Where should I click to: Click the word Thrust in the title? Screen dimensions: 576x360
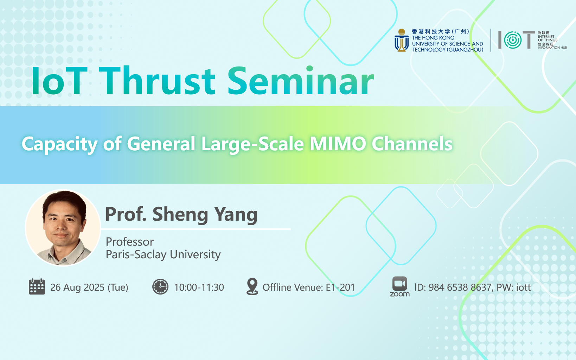tap(159, 81)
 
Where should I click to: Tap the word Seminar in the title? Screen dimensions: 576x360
tap(301, 81)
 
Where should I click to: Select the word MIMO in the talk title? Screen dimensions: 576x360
tap(338, 144)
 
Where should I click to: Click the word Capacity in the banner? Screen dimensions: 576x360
tap(59, 145)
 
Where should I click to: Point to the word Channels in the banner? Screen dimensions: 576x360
tap(412, 144)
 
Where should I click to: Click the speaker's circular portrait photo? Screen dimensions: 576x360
tap(63, 227)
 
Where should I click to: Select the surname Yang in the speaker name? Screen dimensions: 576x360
tap(236, 215)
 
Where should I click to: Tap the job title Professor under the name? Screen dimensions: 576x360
tap(130, 242)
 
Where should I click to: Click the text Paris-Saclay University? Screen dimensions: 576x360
tap(163, 254)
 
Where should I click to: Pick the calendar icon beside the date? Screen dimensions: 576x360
tap(37, 286)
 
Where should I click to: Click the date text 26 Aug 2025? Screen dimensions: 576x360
tap(77, 288)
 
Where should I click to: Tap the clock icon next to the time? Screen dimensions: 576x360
tap(160, 286)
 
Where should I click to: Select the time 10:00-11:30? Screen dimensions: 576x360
tap(199, 288)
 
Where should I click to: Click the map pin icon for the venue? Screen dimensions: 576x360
tap(252, 286)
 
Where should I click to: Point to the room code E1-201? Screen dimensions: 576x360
tap(340, 288)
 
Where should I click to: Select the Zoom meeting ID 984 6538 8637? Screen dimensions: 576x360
tap(460, 288)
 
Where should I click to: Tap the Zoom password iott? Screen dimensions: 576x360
tap(523, 288)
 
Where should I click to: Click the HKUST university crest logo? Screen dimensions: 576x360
tap(401, 40)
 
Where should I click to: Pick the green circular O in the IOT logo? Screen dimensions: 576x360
tap(513, 40)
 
